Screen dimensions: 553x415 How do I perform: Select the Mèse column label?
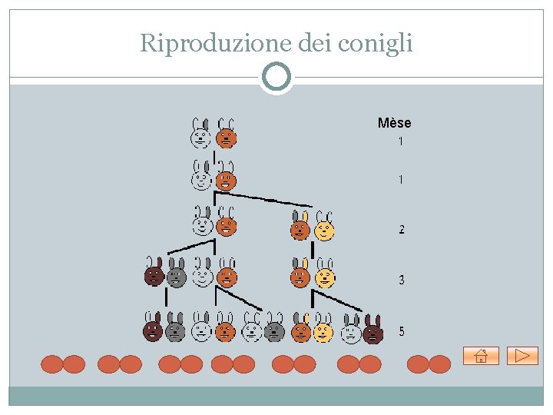(394, 123)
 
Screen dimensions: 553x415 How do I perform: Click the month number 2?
(402, 230)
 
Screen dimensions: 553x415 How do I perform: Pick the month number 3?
(402, 281)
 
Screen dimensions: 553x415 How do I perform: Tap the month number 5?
(402, 332)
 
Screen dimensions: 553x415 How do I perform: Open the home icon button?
(481, 355)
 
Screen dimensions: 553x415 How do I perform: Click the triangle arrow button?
(522, 355)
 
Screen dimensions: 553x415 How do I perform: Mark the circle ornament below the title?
(276, 77)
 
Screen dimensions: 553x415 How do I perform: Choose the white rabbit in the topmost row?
(200, 134)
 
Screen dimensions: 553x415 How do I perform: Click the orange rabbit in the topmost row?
(226, 134)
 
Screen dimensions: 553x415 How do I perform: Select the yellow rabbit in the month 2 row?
(324, 226)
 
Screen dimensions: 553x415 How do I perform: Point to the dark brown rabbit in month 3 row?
(154, 272)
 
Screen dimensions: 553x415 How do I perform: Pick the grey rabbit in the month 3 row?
(177, 272)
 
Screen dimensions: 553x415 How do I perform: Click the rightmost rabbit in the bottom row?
(373, 329)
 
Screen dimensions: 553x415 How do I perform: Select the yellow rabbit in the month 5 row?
(323, 328)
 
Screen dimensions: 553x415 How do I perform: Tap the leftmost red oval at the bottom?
(51, 364)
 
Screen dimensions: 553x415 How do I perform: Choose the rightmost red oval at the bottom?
(439, 364)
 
